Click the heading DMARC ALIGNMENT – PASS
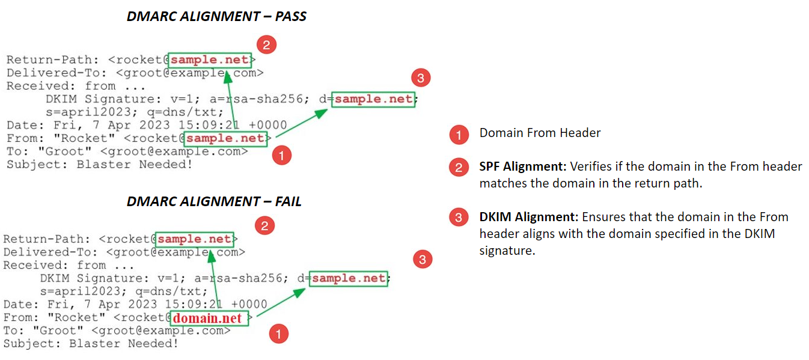click(216, 17)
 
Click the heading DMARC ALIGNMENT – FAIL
click(214, 201)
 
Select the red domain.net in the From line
click(207, 319)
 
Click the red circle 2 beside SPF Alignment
click(459, 168)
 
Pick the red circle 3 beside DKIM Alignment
click(459, 218)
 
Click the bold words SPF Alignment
click(522, 166)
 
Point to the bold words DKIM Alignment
click(527, 217)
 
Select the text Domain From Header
click(540, 133)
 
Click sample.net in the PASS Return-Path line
click(210, 59)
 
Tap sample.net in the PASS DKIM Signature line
click(374, 99)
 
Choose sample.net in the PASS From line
click(225, 139)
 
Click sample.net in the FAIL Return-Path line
click(194, 239)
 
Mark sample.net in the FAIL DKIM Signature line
click(349, 278)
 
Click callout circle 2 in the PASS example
click(266, 45)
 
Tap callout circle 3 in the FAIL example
click(423, 259)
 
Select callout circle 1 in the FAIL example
click(278, 334)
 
